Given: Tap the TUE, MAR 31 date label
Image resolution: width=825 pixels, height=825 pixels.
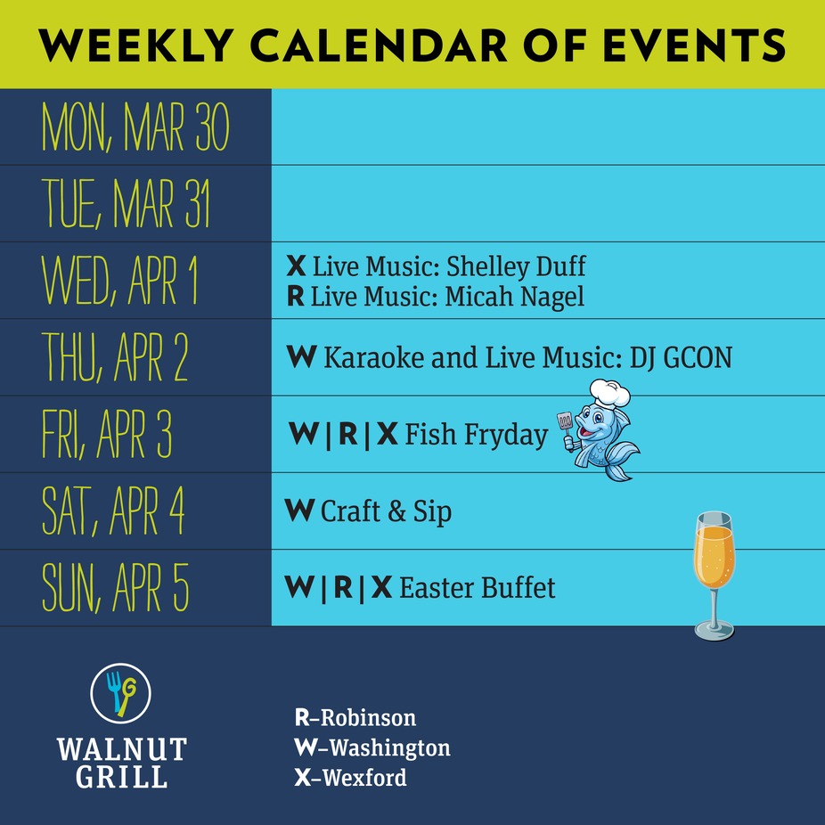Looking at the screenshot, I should [x=126, y=204].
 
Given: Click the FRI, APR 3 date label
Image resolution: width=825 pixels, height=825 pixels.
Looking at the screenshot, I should [x=107, y=435].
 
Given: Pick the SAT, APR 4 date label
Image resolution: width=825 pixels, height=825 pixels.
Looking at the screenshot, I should [x=113, y=511].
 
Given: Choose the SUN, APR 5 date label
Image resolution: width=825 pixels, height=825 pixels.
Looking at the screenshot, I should [x=116, y=588].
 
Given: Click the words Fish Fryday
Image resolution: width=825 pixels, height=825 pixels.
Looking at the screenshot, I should [x=476, y=435].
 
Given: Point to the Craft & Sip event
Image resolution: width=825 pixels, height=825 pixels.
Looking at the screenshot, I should [x=386, y=511].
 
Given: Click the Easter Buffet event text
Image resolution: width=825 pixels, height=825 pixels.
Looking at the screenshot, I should [x=477, y=588].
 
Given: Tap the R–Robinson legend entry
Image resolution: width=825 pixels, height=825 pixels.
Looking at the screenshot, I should [x=355, y=718].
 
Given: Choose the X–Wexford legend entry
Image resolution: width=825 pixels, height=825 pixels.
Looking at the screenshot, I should [x=350, y=778].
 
